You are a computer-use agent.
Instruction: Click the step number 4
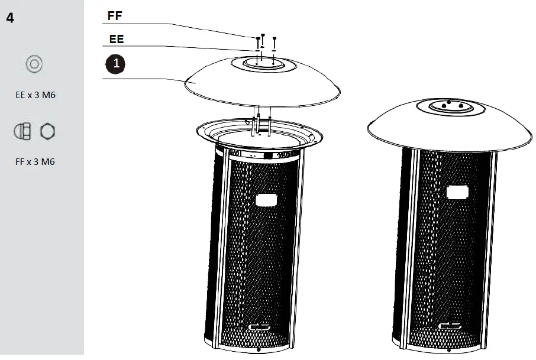(x=10, y=18)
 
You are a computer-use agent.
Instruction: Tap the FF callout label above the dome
(x=115, y=16)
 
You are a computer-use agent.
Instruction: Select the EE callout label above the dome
(x=117, y=40)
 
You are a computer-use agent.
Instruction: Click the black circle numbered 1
(x=115, y=63)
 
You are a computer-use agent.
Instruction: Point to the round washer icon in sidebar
(x=34, y=64)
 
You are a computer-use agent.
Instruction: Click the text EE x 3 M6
(x=35, y=95)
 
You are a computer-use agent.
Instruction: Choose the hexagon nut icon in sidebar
(x=47, y=132)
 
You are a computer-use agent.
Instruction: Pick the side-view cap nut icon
(x=23, y=132)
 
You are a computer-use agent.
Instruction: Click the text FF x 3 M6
(x=35, y=161)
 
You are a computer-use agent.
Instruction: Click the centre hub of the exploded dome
(x=261, y=63)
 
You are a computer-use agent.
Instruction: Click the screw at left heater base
(x=259, y=348)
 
